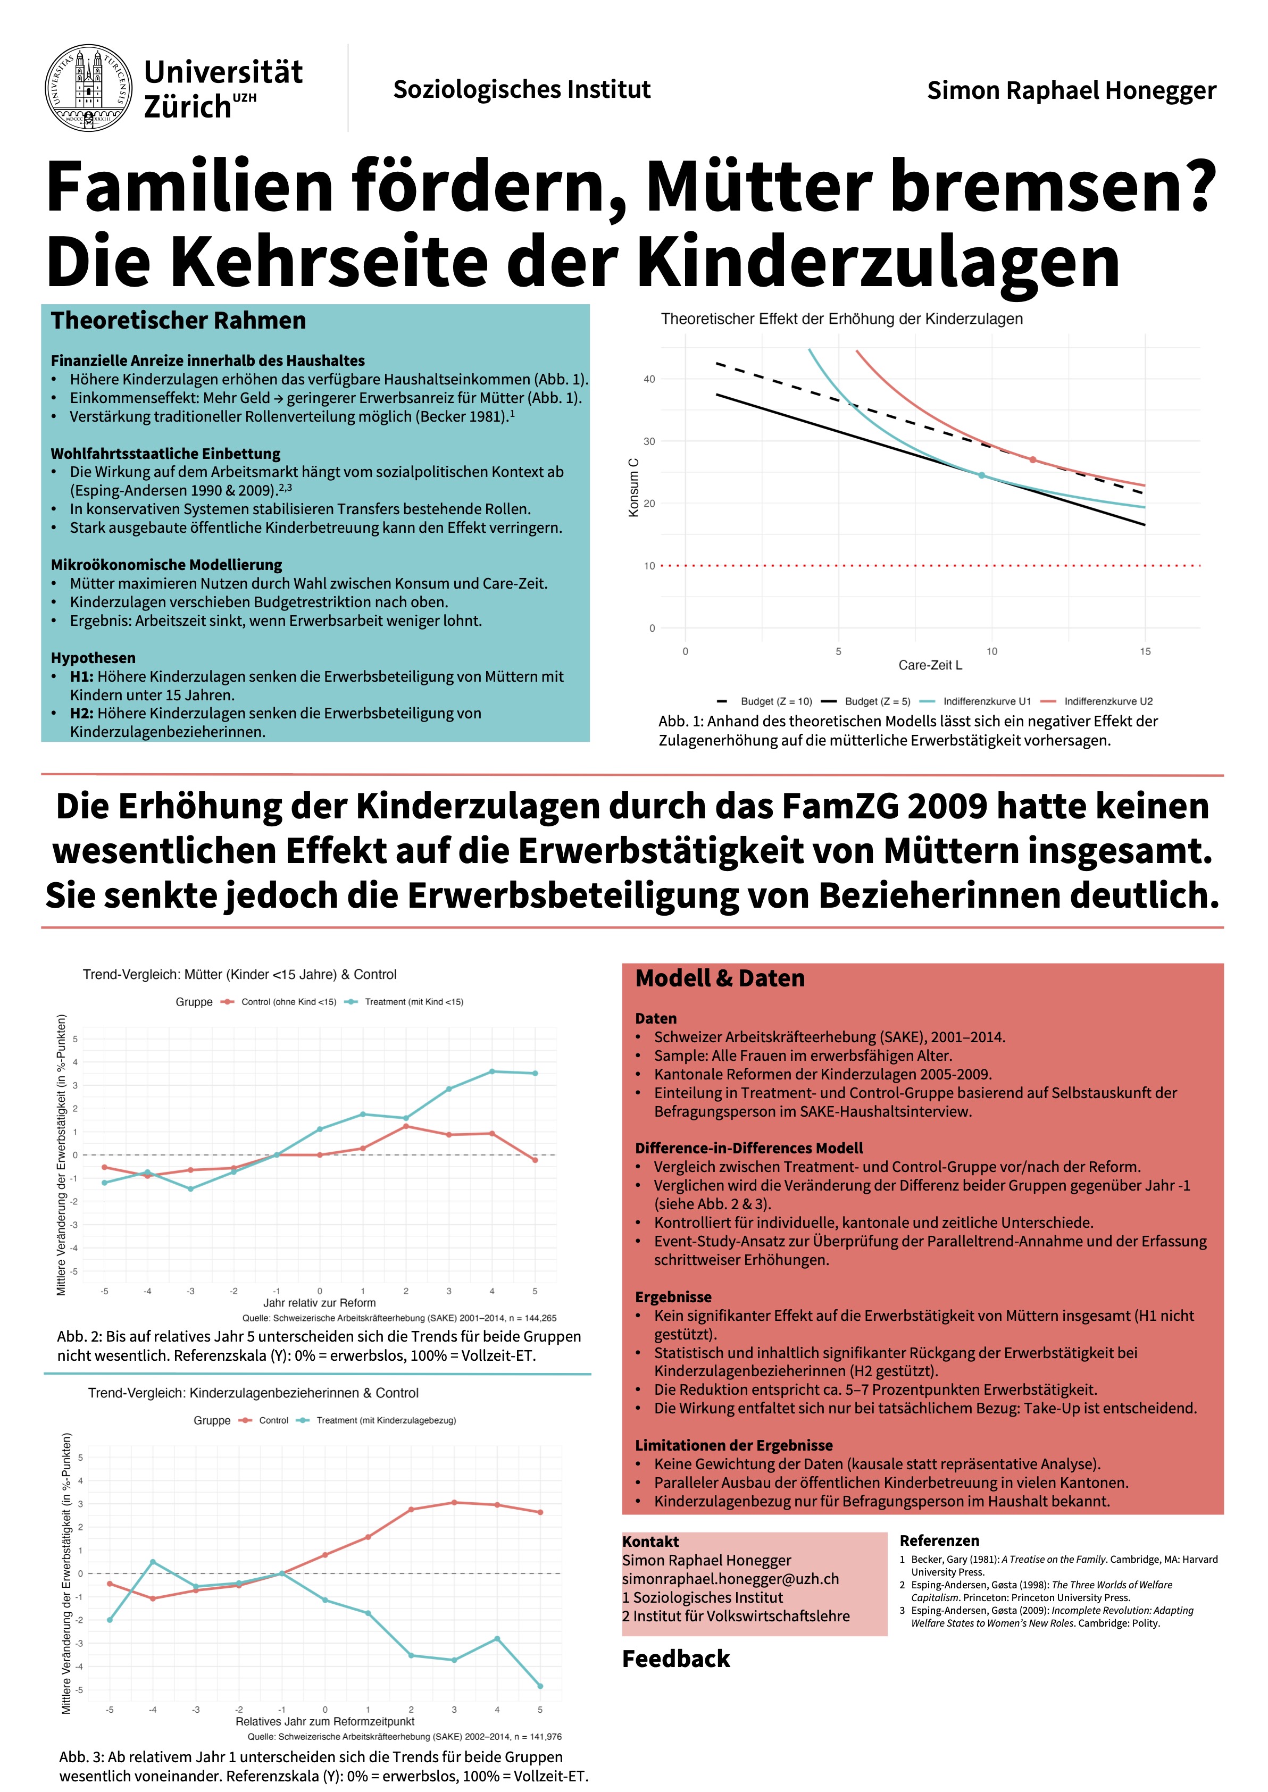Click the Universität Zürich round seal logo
88,87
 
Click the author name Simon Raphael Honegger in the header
1071,90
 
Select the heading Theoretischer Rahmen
178,321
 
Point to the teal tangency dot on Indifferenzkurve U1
981,475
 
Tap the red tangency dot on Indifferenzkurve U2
1032,460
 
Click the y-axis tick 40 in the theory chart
649,379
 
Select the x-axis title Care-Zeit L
930,665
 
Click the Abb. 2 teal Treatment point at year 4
492,1071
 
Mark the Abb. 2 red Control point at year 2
406,1126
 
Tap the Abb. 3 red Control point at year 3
454,1502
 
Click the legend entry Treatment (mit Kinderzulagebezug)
386,1420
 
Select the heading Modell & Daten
720,979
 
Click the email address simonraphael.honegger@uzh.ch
730,1578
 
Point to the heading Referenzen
939,1540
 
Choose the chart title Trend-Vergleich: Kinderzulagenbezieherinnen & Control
253,1393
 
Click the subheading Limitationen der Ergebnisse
733,1445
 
